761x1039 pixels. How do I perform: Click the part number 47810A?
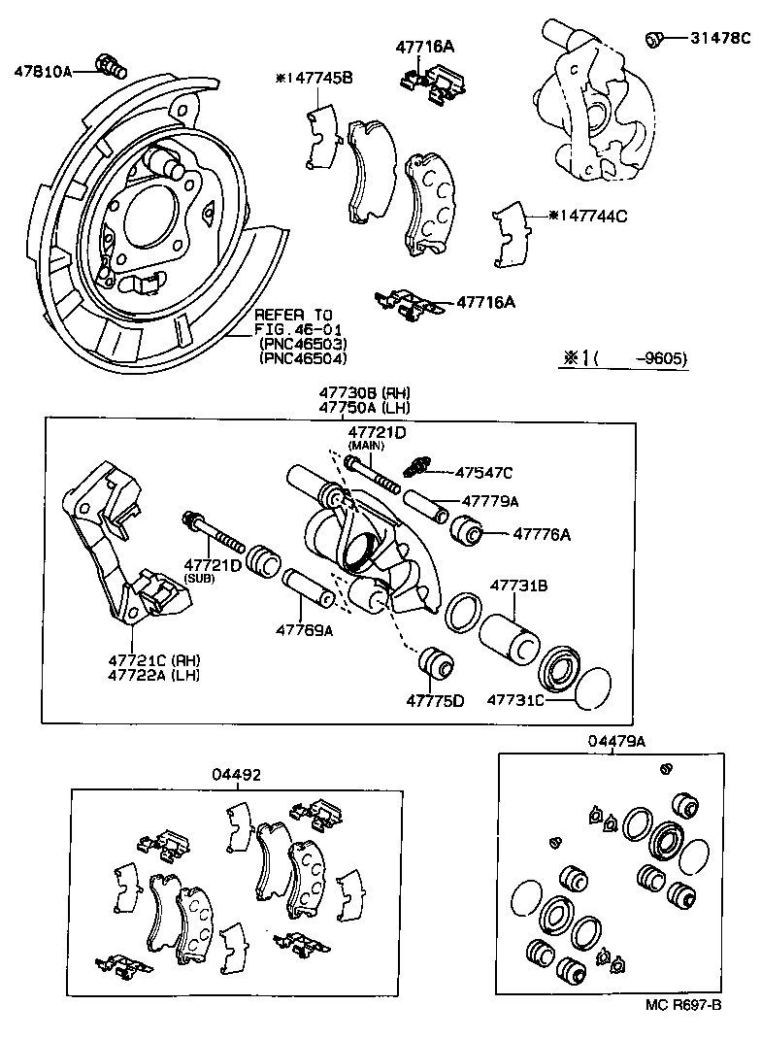(x=43, y=71)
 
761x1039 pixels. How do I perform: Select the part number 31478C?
(x=720, y=39)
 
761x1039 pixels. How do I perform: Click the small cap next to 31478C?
(x=654, y=40)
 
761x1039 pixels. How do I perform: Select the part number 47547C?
(x=484, y=473)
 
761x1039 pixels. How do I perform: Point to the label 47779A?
(x=490, y=501)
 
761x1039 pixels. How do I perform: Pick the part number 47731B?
(x=519, y=586)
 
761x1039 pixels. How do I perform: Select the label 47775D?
(x=435, y=700)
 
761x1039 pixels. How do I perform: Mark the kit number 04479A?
(x=616, y=741)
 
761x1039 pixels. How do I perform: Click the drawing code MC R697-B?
(x=683, y=1005)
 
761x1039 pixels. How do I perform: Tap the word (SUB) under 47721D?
(x=199, y=578)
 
